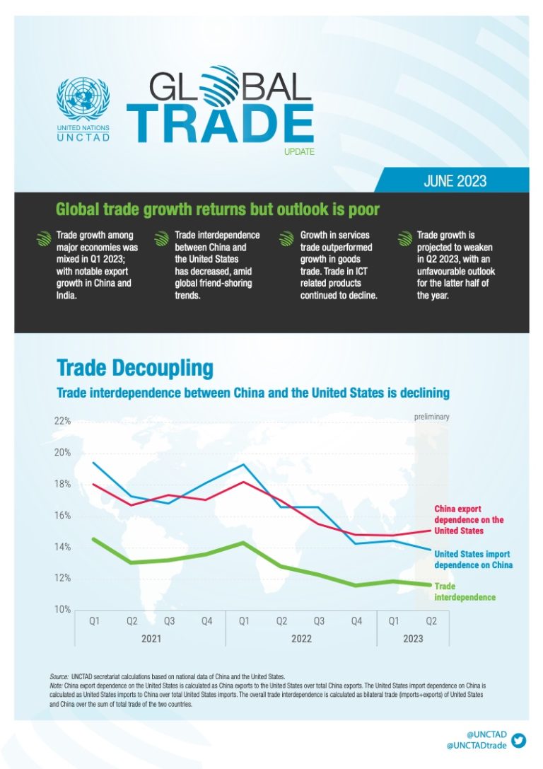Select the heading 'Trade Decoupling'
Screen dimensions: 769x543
pyautogui.click(x=134, y=369)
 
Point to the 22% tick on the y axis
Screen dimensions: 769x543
pyautogui.click(x=62, y=422)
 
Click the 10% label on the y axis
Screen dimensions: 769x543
pyautogui.click(x=62, y=610)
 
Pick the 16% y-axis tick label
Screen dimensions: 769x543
pyautogui.click(x=62, y=516)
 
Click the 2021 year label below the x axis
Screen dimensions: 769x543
pyautogui.click(x=150, y=638)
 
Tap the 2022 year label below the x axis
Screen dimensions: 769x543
pyautogui.click(x=300, y=638)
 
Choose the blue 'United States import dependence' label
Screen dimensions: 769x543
pyautogui.click(x=473, y=560)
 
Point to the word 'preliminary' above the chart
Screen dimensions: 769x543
pyautogui.click(x=431, y=417)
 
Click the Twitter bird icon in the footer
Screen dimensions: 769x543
pyautogui.click(x=519, y=740)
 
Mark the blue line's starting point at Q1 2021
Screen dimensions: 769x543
pyautogui.click(x=93, y=463)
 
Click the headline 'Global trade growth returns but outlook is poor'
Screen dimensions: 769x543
pyautogui.click(x=218, y=209)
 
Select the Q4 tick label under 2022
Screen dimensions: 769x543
pyautogui.click(x=356, y=621)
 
